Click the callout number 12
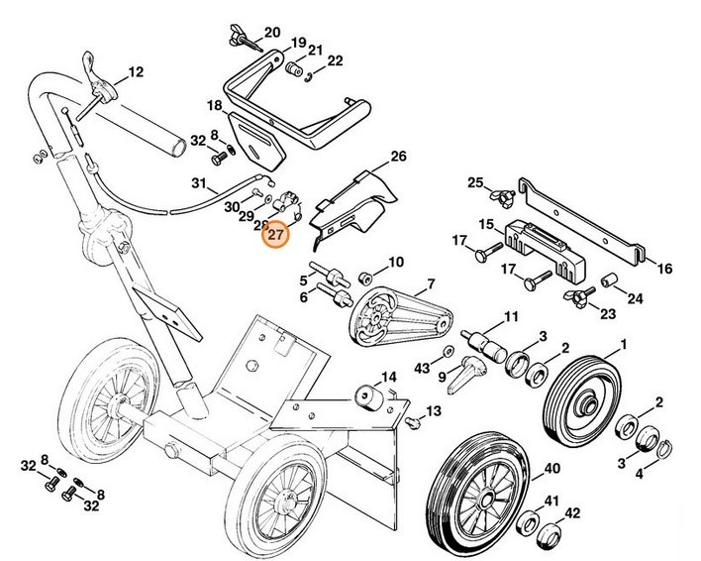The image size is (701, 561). tap(136, 71)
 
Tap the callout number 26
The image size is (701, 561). tap(399, 157)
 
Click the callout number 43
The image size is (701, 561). tap(423, 369)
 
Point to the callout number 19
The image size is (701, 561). tap(298, 44)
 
